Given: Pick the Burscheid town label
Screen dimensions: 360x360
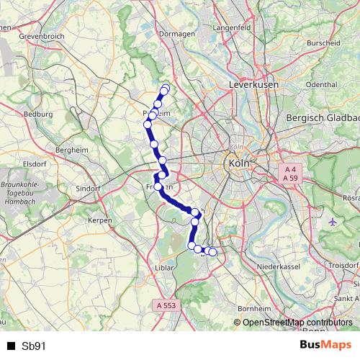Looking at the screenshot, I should click(323, 43).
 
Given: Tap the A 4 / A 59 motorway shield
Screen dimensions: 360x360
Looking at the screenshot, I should click(290, 173).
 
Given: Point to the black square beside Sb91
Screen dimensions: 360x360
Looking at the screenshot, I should click(12, 346).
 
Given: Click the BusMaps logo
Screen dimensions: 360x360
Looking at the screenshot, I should click(325, 345).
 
